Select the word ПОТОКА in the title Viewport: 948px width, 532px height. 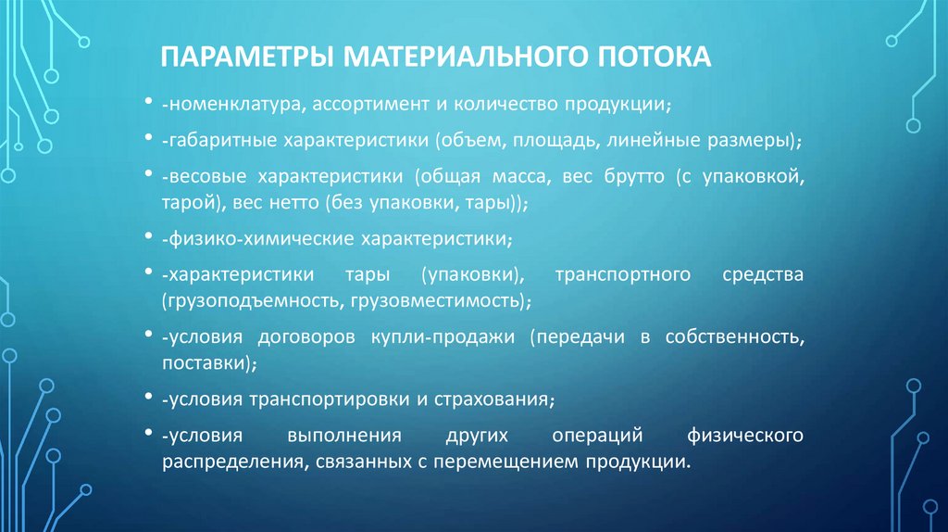(x=647, y=57)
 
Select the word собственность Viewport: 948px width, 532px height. (x=734, y=339)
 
